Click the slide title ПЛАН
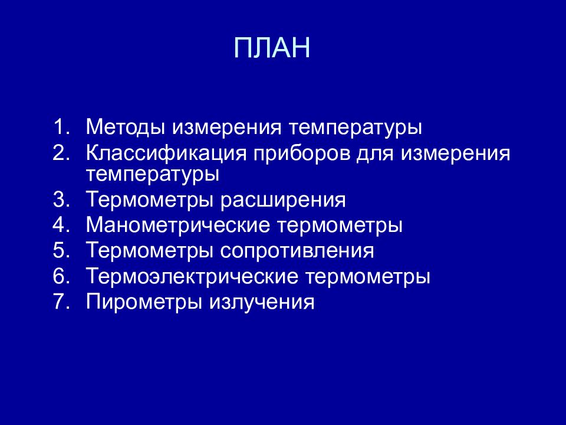[x=272, y=48]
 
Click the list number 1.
[x=60, y=127]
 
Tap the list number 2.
[x=60, y=153]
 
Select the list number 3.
[x=60, y=200]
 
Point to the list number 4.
[x=60, y=225]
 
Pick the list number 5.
[x=60, y=251]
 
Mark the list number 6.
[x=60, y=277]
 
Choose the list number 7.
[x=60, y=303]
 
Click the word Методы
[x=125, y=127]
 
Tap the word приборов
[x=302, y=155]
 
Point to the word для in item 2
[x=376, y=155]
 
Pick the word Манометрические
[x=177, y=225]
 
